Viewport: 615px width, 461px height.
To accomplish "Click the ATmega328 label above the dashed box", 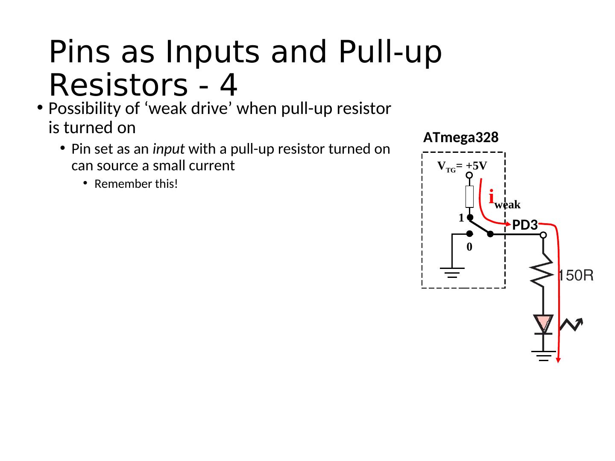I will point(461,137).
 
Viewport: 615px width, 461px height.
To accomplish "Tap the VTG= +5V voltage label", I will point(463,166).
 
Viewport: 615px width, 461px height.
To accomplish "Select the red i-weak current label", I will point(504,199).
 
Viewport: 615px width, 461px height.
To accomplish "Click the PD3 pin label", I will point(524,225).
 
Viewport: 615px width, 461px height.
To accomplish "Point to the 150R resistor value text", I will point(576,276).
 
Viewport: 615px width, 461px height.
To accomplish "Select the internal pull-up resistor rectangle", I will point(469,196).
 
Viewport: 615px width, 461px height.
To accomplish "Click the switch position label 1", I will point(461,218).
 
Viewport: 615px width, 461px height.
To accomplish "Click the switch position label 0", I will point(469,247).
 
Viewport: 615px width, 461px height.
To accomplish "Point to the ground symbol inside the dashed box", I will point(452,271).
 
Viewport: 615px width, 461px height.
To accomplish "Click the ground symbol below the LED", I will point(543,355).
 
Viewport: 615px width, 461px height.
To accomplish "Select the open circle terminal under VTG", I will point(469,175).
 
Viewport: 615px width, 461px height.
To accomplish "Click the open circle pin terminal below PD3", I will point(543,234).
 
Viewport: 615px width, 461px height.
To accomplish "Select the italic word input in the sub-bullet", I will point(167,149).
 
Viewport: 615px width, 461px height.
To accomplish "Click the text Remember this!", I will point(136,184).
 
